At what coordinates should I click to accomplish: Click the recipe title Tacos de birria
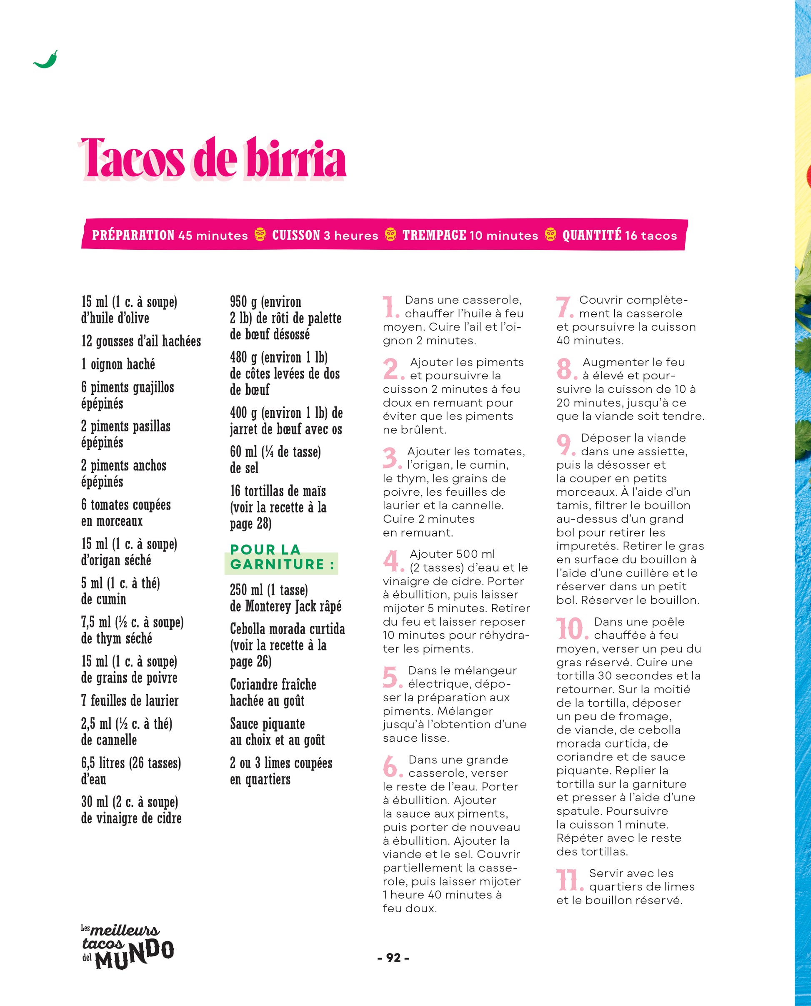click(213, 159)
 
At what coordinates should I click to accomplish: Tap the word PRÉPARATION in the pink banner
click(133, 235)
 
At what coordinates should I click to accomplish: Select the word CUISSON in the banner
click(296, 235)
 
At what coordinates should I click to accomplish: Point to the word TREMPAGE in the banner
click(434, 235)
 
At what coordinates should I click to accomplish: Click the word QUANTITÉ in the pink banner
click(591, 235)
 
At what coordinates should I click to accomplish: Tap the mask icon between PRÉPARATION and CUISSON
click(260, 235)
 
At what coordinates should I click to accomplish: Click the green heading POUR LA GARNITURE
click(282, 557)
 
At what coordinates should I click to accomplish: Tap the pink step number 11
click(569, 880)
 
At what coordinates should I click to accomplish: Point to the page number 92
click(393, 958)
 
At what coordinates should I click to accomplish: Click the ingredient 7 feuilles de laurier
click(130, 700)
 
